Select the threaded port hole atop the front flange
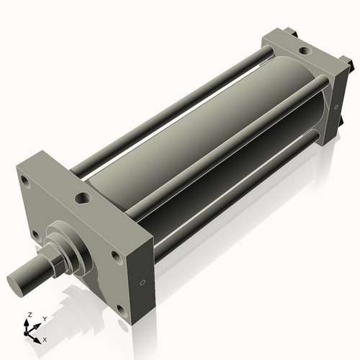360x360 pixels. click(83, 197)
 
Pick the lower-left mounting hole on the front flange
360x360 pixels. click(35, 234)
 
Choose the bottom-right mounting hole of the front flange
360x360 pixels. click(120, 310)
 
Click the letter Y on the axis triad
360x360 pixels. click(44, 318)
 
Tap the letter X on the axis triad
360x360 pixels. click(45, 338)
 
